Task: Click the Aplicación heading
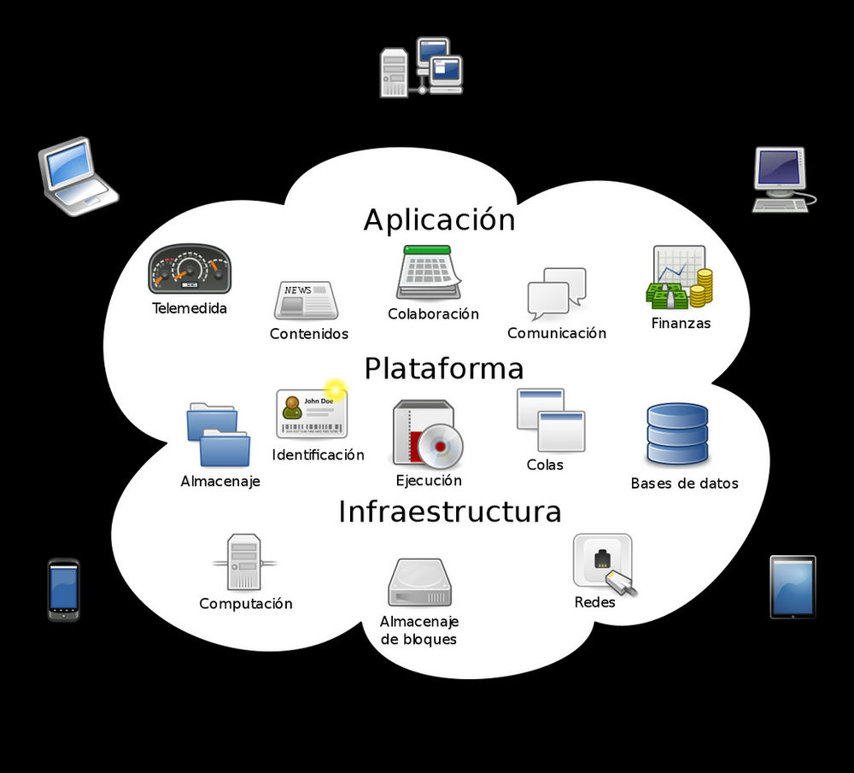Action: click(x=439, y=220)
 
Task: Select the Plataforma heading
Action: click(x=443, y=369)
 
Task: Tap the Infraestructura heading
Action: click(x=449, y=512)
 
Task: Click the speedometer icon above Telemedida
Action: click(x=190, y=269)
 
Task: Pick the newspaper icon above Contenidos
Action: click(x=306, y=300)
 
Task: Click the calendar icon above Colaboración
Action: click(x=428, y=272)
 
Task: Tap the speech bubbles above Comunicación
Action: click(x=556, y=293)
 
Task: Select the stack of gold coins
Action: click(x=701, y=288)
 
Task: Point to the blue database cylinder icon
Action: click(x=677, y=434)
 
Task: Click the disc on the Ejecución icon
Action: click(x=441, y=445)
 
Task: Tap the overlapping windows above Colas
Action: click(x=551, y=419)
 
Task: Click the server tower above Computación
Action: click(x=244, y=562)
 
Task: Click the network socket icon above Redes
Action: click(x=604, y=564)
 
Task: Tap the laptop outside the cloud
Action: click(x=76, y=176)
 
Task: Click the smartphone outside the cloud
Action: click(x=63, y=589)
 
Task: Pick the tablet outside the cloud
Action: click(x=793, y=587)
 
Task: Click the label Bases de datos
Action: click(x=684, y=483)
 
